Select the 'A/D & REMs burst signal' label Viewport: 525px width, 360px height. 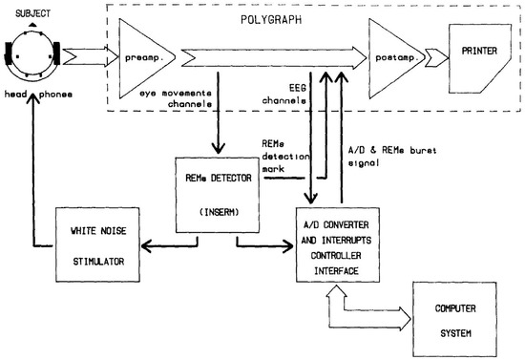click(x=392, y=152)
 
